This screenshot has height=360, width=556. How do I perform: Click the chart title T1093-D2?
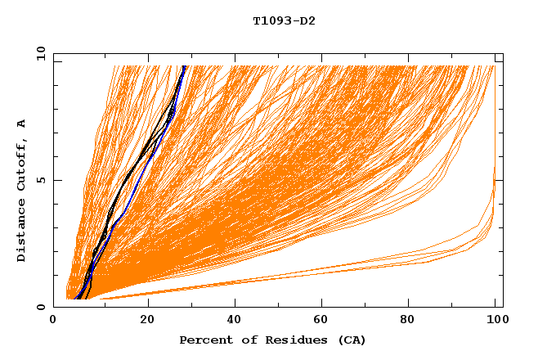tap(284, 20)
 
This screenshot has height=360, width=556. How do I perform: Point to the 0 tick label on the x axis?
tap(54, 321)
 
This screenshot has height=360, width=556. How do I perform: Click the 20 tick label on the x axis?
tap(147, 321)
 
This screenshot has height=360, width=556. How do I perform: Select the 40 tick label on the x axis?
tap(235, 321)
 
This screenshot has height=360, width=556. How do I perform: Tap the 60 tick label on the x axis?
tap(324, 321)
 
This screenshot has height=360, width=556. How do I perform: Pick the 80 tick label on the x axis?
tap(412, 321)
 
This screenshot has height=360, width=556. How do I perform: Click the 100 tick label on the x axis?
tap(495, 321)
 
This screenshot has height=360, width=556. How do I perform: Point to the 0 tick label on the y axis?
tap(41, 308)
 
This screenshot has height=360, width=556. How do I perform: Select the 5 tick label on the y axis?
tap(41, 181)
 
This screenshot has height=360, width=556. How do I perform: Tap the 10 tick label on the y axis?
tap(38, 54)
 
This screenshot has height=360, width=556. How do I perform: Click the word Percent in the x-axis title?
tap(203, 340)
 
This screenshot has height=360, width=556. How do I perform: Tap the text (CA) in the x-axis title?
tap(352, 340)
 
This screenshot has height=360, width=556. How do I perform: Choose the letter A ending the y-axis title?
tap(22, 123)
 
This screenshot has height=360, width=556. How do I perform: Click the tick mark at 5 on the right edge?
tap(499, 181)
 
